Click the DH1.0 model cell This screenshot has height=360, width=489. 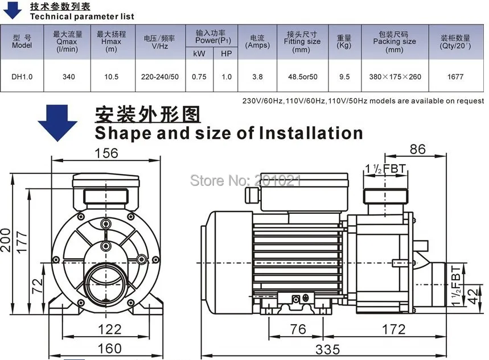tap(22, 77)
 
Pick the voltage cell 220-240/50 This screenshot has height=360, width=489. tap(160, 77)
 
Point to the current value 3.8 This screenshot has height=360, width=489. tap(257, 77)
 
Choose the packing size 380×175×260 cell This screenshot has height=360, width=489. tap(394, 77)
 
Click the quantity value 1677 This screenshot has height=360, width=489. tap(455, 77)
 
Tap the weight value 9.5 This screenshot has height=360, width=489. tap(344, 77)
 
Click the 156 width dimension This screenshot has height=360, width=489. tap(106, 153)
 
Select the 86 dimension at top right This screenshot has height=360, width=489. tap(417, 150)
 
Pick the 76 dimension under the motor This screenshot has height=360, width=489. tap(298, 329)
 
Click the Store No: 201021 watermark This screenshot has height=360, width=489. tap(245, 181)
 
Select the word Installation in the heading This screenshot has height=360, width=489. tap(310, 133)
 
